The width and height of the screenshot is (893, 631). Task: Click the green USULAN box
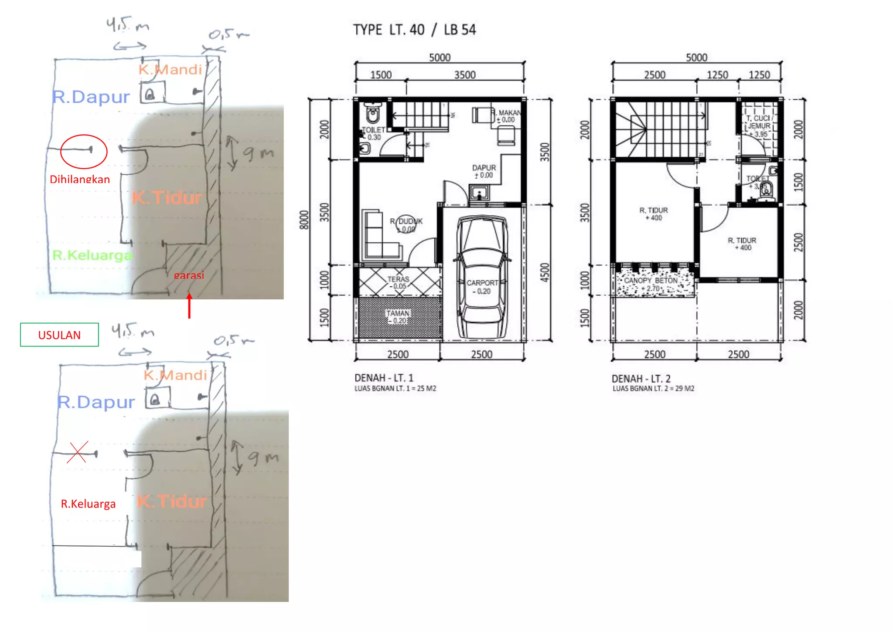pyautogui.click(x=59, y=335)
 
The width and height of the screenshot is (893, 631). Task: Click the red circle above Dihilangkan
pyautogui.click(x=84, y=151)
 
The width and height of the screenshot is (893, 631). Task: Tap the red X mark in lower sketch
pyautogui.click(x=78, y=452)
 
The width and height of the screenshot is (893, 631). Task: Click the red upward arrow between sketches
pyautogui.click(x=189, y=306)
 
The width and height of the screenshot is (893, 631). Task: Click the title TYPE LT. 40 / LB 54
pyautogui.click(x=414, y=30)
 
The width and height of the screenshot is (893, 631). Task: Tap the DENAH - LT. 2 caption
pyautogui.click(x=641, y=378)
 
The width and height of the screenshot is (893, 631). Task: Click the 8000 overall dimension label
pyautogui.click(x=304, y=220)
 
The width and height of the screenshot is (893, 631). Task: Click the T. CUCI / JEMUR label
pyautogui.click(x=760, y=122)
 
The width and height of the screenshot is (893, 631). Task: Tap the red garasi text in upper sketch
pyautogui.click(x=189, y=275)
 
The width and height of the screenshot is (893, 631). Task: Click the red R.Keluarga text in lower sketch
pyautogui.click(x=89, y=504)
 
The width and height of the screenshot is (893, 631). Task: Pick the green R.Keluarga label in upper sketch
pyautogui.click(x=92, y=255)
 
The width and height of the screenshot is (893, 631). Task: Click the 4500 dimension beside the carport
pyautogui.click(x=545, y=272)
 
